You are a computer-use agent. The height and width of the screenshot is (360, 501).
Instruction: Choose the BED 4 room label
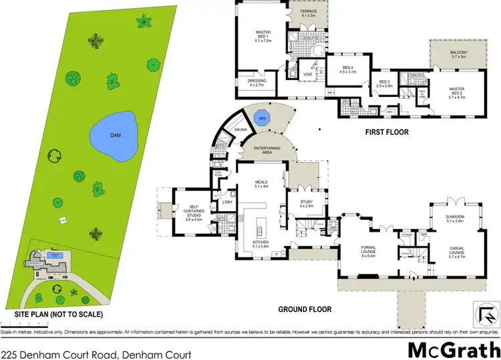pos(347,69)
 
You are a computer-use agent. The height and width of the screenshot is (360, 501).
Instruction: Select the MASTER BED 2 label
pos(458,93)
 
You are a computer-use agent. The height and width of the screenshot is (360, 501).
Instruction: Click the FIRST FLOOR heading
pos(386,132)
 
